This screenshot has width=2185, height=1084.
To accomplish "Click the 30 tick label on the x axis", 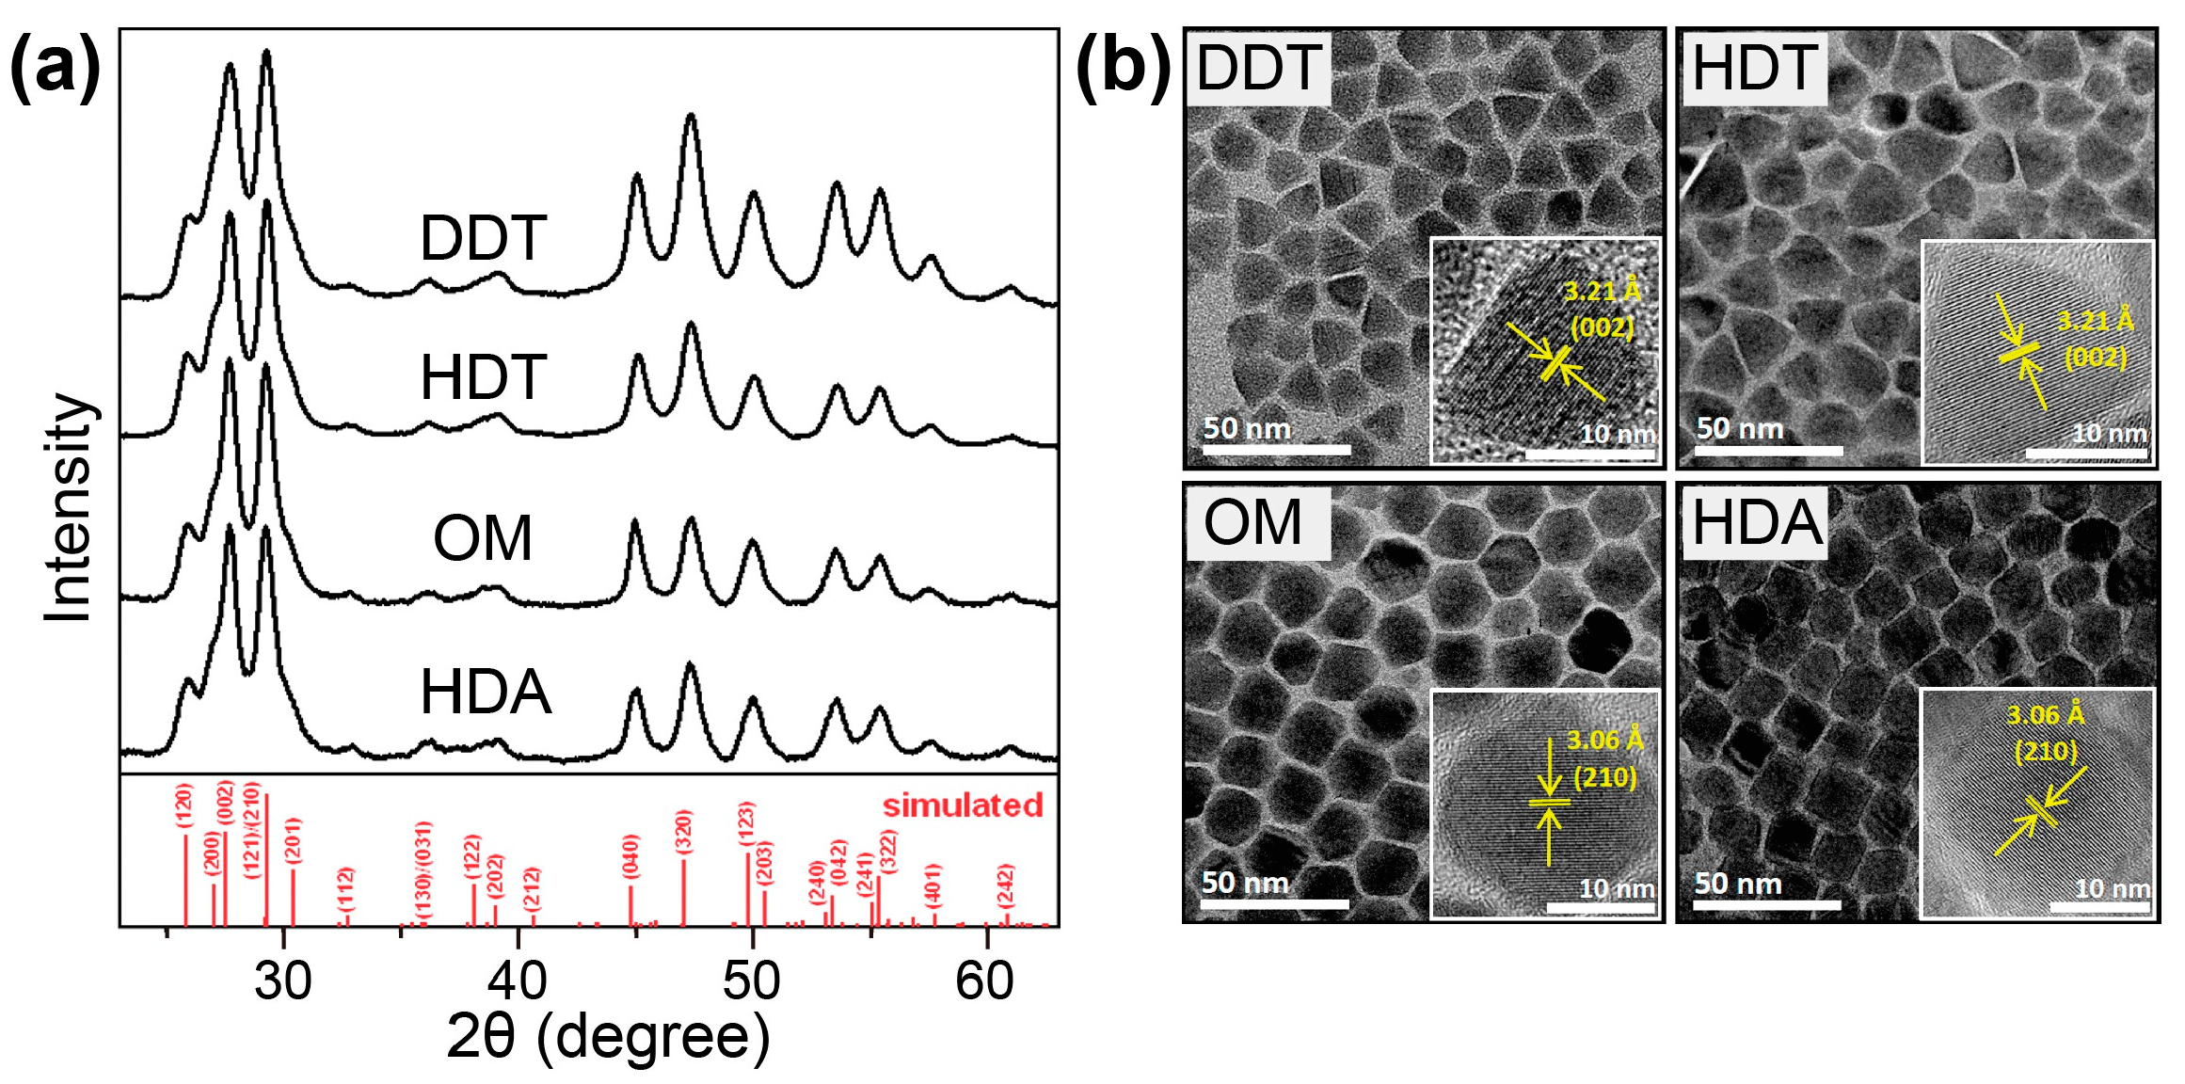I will click(282, 981).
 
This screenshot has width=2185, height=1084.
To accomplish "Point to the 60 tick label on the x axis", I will click(984, 981).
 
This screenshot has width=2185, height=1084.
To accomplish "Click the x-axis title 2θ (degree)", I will click(607, 1037).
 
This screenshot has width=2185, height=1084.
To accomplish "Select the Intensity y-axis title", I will click(68, 507).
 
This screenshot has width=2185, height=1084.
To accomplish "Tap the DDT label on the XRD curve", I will click(483, 239).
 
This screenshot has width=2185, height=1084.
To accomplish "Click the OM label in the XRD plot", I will click(483, 539).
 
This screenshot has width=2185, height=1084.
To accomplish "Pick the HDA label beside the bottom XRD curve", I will click(485, 693).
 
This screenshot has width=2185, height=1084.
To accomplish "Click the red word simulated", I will click(962, 805).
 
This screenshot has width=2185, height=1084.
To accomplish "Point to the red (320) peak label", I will click(684, 832).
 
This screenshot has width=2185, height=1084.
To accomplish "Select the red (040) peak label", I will click(631, 856).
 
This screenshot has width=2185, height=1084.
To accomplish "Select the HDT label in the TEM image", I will click(1754, 68).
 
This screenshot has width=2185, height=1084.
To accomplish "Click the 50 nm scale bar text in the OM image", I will click(1244, 883).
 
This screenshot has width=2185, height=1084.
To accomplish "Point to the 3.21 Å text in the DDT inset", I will click(1602, 292).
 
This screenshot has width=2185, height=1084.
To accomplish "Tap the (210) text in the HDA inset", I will click(2046, 751).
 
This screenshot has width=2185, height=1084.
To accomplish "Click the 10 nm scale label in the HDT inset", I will click(2110, 434).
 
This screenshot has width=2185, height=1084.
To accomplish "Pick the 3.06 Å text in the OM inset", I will click(1604, 741).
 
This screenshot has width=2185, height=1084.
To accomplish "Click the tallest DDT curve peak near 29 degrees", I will click(266, 55).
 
